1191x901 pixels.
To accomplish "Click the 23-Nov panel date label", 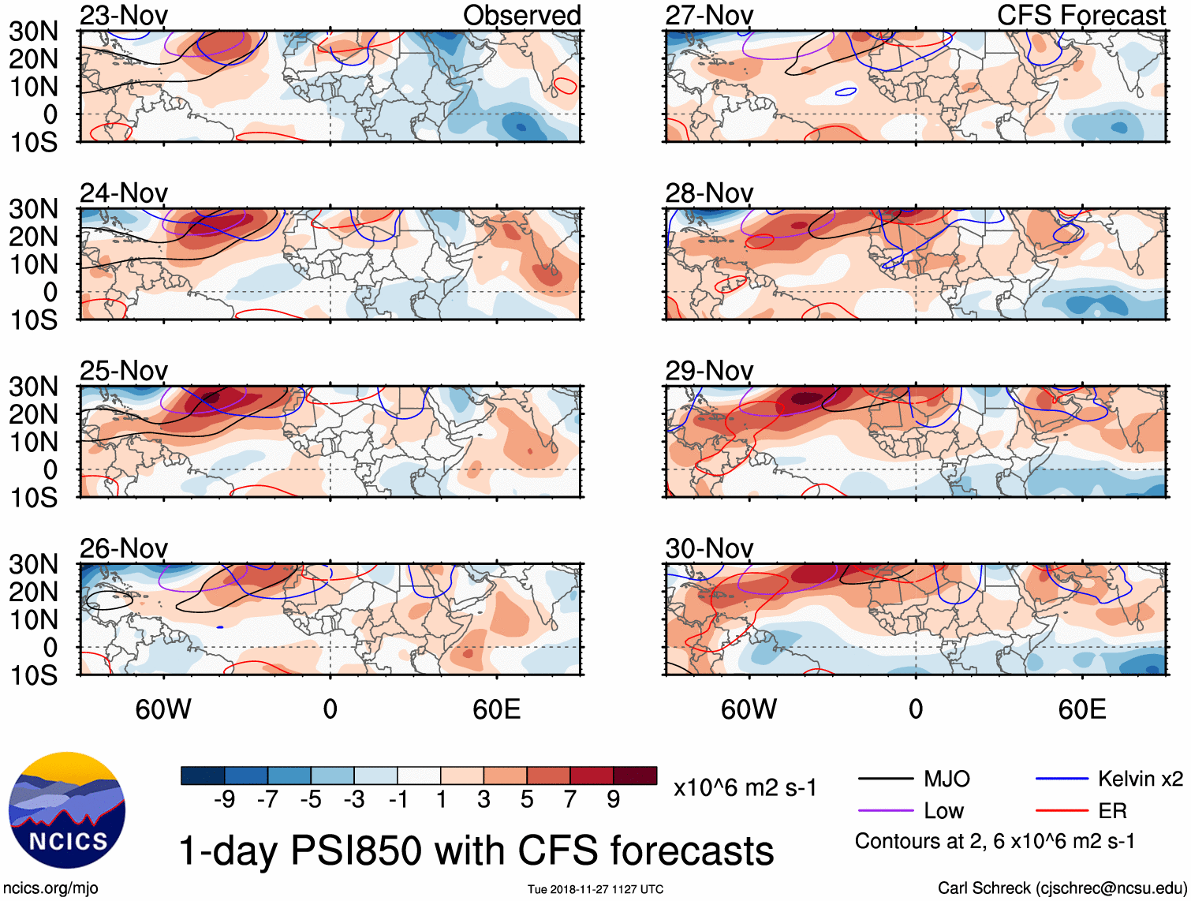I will pyautogui.click(x=124, y=16).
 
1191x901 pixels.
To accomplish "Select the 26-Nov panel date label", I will pyautogui.click(x=124, y=548).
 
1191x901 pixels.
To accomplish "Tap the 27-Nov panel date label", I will pyautogui.click(x=709, y=16).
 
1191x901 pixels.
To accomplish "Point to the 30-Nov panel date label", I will pyautogui.click(x=709, y=548).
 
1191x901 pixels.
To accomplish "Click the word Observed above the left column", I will pyautogui.click(x=521, y=16).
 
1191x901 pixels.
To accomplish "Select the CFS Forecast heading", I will pyautogui.click(x=1081, y=16).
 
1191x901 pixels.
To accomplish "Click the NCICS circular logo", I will pyautogui.click(x=67, y=810).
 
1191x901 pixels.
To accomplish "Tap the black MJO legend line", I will pyautogui.click(x=885, y=779).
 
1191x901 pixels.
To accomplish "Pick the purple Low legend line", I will pyautogui.click(x=885, y=810).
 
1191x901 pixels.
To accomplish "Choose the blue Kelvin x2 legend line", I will pyautogui.click(x=1062, y=779).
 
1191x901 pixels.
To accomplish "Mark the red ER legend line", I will pyautogui.click(x=1062, y=810).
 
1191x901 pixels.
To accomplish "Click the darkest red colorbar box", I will pyautogui.click(x=635, y=776).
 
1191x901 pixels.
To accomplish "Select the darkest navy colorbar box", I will pyautogui.click(x=202, y=776).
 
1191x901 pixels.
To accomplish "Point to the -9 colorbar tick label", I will pyautogui.click(x=224, y=800).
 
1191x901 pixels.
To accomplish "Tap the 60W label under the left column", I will pyautogui.click(x=163, y=709).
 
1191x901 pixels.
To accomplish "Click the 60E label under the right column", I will pyautogui.click(x=1081, y=709).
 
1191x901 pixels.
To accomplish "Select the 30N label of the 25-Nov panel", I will pyautogui.click(x=34, y=387).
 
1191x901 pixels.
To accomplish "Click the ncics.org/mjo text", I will pyautogui.click(x=50, y=888).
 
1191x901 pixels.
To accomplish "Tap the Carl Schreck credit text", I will pyautogui.click(x=1062, y=888).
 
